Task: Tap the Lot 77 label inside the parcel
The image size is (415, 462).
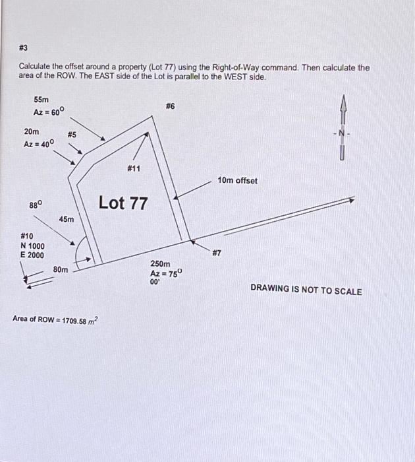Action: pyautogui.click(x=123, y=203)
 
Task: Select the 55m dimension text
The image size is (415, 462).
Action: pyautogui.click(x=41, y=99)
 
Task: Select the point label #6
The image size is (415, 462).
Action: pyautogui.click(x=170, y=106)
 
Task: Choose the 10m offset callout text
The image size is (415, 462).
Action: pyautogui.click(x=238, y=180)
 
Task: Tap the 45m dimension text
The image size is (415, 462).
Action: pyautogui.click(x=67, y=218)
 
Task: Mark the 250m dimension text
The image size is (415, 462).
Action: pyautogui.click(x=161, y=263)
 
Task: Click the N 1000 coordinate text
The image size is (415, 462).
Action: pyautogui.click(x=33, y=246)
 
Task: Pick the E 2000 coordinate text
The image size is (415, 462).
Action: pyautogui.click(x=33, y=255)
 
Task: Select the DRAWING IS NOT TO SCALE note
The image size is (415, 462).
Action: pyautogui.click(x=306, y=291)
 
